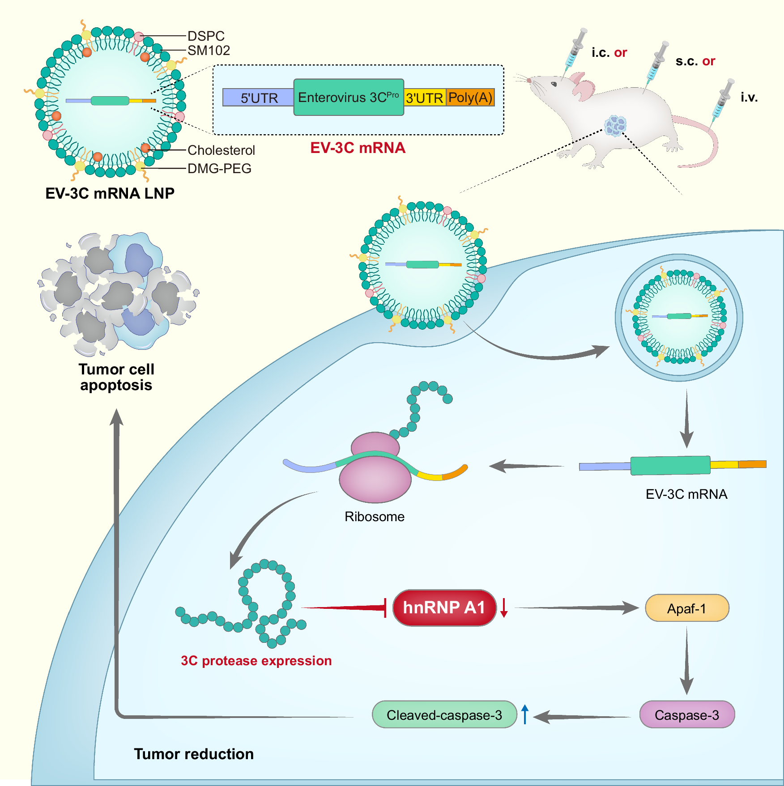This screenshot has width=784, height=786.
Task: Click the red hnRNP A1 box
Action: (444, 608)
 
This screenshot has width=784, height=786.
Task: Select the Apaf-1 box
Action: (686, 608)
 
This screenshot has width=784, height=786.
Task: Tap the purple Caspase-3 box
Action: (686, 714)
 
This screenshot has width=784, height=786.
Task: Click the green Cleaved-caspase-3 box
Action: (444, 714)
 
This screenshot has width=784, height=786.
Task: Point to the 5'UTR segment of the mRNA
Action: (258, 98)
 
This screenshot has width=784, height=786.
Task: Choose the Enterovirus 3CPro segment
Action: (348, 98)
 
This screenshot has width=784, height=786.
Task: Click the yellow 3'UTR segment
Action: (424, 98)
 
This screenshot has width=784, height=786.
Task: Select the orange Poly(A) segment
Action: (470, 97)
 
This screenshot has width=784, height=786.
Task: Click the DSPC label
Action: (206, 36)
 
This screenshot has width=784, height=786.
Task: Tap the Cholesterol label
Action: (221, 150)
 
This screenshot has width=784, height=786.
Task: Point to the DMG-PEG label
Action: (219, 169)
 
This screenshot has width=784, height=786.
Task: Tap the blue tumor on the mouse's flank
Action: (615, 126)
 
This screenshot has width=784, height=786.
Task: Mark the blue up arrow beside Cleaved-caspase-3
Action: (525, 714)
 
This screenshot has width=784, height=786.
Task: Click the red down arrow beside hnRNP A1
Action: (504, 608)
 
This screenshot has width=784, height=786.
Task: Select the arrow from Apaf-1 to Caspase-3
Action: (686, 660)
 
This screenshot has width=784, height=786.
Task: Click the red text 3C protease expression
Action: (256, 661)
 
